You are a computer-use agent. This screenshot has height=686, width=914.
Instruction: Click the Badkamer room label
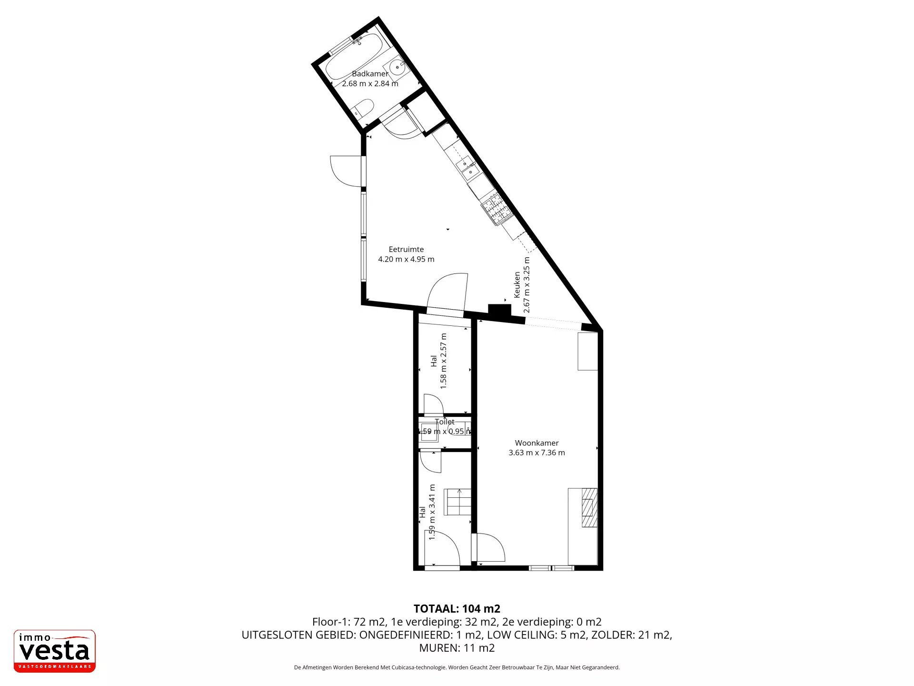click(370, 74)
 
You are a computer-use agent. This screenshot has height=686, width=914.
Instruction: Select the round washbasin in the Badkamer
click(397, 68)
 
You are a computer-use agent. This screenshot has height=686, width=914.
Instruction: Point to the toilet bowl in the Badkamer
click(363, 109)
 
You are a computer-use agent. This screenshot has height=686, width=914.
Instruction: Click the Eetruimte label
click(406, 249)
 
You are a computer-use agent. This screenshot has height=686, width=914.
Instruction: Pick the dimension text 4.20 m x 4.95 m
click(406, 259)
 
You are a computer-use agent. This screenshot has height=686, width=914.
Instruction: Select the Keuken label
click(517, 285)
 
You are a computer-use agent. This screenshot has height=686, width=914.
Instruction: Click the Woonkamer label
click(536, 443)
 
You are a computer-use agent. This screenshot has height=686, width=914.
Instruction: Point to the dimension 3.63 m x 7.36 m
click(536, 453)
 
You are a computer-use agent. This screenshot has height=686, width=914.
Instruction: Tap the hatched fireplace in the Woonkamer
click(589, 508)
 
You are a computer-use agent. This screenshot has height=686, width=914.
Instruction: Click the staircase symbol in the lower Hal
click(457, 502)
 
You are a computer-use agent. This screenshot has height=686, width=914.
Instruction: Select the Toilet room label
click(445, 422)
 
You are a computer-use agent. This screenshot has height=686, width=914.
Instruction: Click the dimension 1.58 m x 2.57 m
click(444, 361)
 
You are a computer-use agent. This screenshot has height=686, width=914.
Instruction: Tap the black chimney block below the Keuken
click(499, 310)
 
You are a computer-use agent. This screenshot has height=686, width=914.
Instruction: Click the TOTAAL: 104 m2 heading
click(457, 608)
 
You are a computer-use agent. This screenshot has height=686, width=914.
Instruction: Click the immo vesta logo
click(55, 651)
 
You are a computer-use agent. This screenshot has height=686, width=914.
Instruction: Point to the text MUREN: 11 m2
click(457, 648)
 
